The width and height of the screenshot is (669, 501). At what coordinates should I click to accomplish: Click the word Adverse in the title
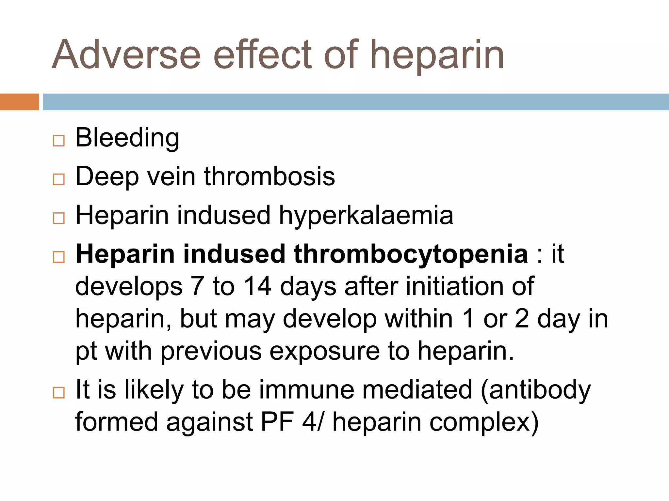coord(126,54)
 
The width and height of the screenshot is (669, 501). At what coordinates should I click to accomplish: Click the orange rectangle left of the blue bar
coord(19,102)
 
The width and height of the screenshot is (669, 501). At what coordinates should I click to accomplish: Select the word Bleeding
coord(127,138)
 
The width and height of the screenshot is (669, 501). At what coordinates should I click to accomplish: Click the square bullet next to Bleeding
coord(58,141)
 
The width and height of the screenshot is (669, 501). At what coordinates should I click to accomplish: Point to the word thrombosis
coord(269,176)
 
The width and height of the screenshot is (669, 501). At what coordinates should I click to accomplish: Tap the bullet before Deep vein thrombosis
coord(58,179)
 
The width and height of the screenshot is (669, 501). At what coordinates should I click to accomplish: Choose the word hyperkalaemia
coord(366,216)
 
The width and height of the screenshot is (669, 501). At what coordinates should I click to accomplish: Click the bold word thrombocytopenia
coord(411,255)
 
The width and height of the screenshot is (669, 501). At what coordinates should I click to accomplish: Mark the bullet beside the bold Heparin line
coord(58,257)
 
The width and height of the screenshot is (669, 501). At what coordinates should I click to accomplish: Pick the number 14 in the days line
coord(257,286)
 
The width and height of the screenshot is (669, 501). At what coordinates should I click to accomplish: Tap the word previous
coord(211,351)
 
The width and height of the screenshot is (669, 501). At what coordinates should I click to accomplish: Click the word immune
coord(307,389)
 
